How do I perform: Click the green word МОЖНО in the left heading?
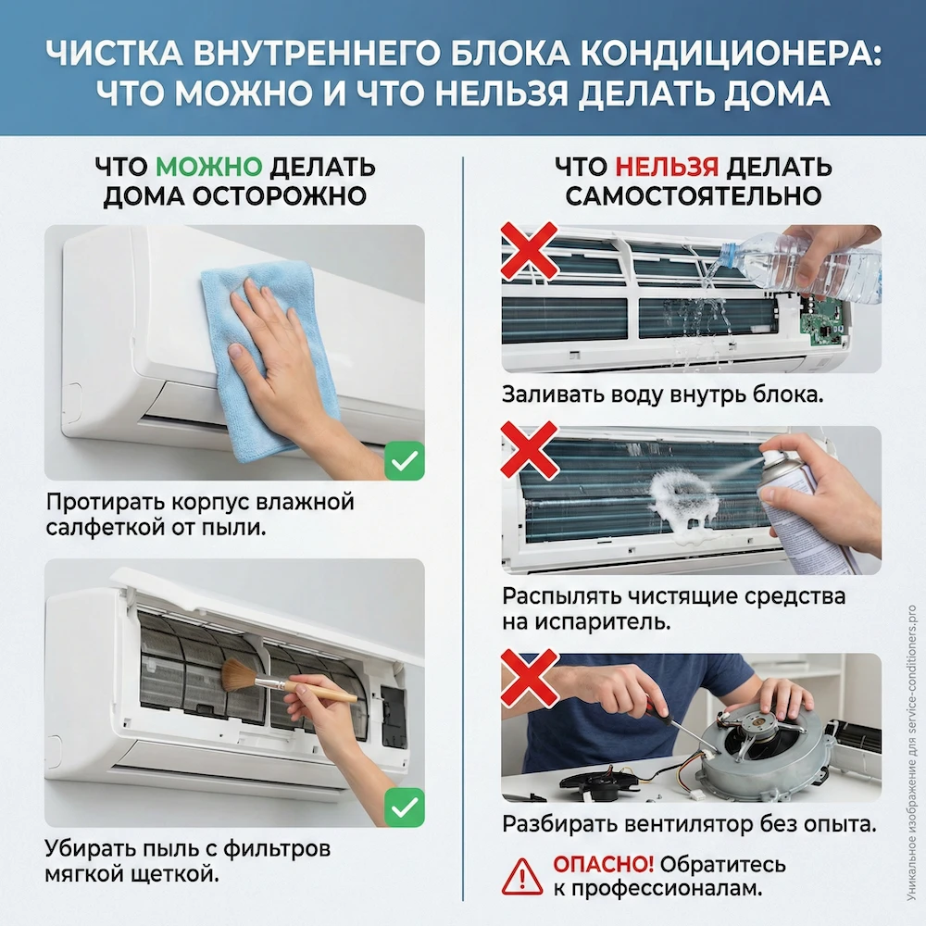click(x=209, y=168)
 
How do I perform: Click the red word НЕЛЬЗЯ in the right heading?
click(x=666, y=168)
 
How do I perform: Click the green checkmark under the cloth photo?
click(x=404, y=460)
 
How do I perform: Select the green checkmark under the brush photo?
click(x=404, y=807)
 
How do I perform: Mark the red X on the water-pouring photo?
click(x=529, y=251)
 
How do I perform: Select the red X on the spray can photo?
click(x=529, y=450)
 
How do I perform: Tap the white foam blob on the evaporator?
click(x=685, y=496)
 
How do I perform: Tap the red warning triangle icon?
click(x=522, y=875)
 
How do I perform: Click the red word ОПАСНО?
click(x=603, y=865)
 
